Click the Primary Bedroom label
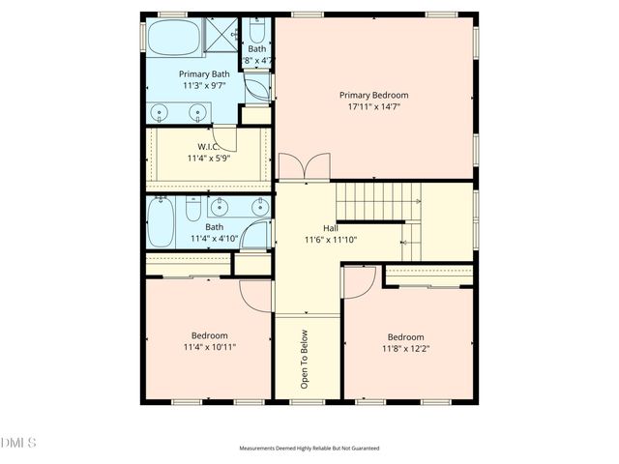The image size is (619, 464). coord(373,95)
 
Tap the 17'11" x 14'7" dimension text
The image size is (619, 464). coord(373,107)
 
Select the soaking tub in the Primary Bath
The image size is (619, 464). coord(174,40)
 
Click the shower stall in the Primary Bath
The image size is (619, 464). coord(221,36)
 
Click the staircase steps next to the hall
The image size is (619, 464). coord(377,201)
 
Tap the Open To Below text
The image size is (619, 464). coord(305,359)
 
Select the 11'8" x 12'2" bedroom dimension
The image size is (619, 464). coord(406,349)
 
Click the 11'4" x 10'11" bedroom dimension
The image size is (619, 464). coord(210,346)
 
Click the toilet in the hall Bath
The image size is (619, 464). coord(192,209)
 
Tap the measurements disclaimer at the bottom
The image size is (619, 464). coord(309,449)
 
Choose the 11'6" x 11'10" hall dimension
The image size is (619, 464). coord(331,240)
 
